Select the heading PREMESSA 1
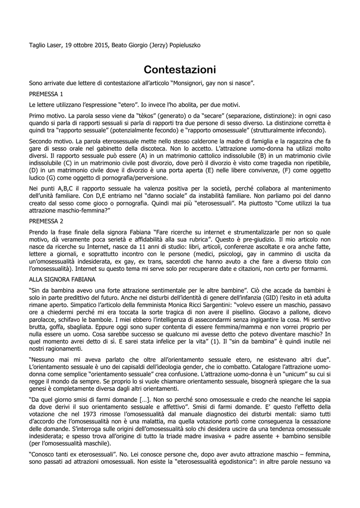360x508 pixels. (46, 94)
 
